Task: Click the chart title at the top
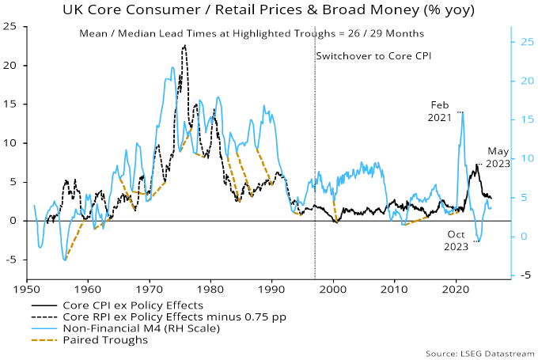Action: coord(269,11)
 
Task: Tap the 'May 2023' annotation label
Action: coord(498,158)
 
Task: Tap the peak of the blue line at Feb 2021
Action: coord(461,112)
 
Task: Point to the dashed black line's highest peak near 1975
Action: coord(184,45)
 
